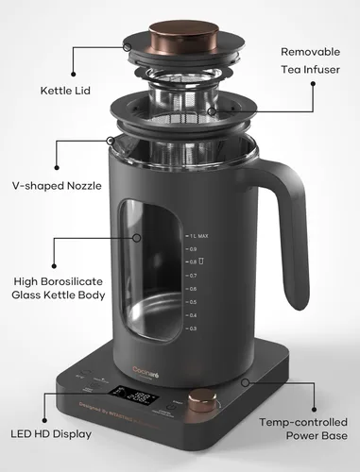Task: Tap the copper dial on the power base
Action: coord(199,402)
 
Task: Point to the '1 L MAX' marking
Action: coord(197,235)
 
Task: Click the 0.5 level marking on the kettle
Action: coord(193,301)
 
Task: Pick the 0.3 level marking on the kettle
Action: coord(193,328)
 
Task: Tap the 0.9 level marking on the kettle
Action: coord(193,248)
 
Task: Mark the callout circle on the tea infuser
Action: coord(213,111)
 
